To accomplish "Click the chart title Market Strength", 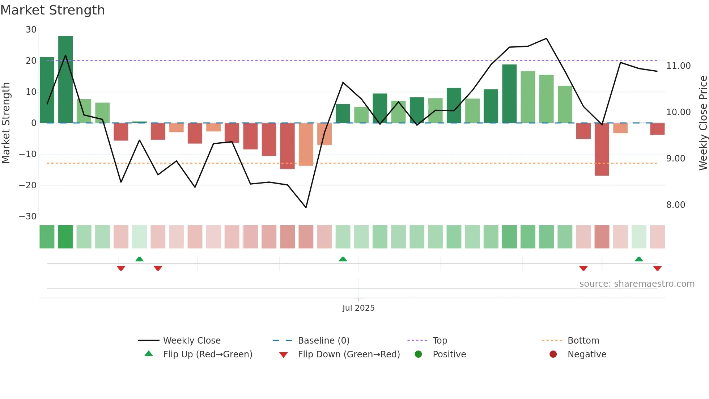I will (52, 10).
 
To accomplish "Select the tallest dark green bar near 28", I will (65, 80).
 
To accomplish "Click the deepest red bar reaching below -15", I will (602, 149).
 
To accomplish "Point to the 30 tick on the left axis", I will (31, 30).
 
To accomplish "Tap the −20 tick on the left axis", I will (28, 185).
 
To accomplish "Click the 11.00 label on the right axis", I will (678, 66).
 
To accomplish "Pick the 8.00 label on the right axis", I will (675, 205).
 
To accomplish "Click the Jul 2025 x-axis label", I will (358, 308).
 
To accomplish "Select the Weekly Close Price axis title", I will (703, 123).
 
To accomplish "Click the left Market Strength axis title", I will (6, 123).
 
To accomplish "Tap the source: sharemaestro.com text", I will (637, 284).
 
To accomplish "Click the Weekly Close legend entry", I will (191, 341).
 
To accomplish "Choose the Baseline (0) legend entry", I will (323, 341).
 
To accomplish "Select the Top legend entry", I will (440, 341).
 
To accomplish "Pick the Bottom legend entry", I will (583, 341).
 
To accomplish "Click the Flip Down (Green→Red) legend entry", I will (349, 354).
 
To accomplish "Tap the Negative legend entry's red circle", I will (553, 354).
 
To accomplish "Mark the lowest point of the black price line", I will (306, 207).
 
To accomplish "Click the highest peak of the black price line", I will (546, 38).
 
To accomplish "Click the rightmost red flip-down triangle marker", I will (657, 268).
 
